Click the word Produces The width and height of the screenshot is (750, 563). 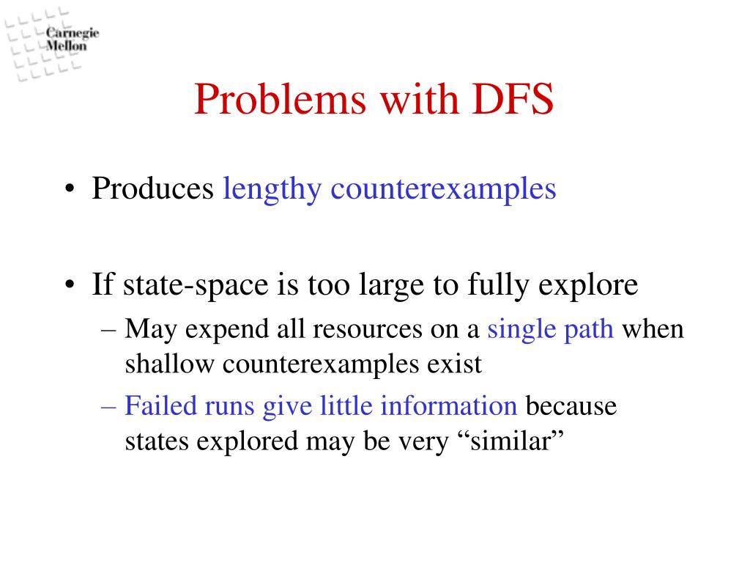(x=152, y=189)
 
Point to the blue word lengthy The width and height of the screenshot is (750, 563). (x=272, y=189)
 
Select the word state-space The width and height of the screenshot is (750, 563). (x=183, y=285)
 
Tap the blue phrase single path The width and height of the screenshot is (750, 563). (x=551, y=329)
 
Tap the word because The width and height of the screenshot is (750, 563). (x=572, y=406)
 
